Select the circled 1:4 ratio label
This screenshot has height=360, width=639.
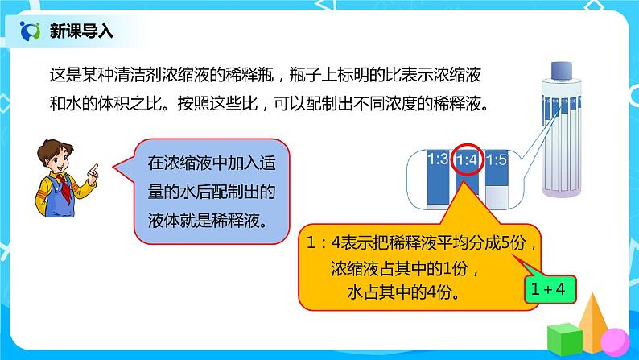468,161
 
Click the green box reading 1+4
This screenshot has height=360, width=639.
550,286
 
